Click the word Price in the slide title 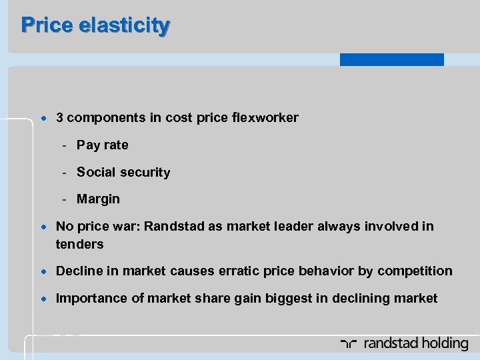pyautogui.click(x=45, y=25)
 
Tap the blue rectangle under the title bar pyautogui.click(x=391, y=59)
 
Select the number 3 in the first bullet pyautogui.click(x=60, y=117)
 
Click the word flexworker pyautogui.click(x=266, y=117)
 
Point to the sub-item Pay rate pyautogui.click(x=102, y=145)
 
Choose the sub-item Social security pyautogui.click(x=123, y=172)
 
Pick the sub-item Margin pyautogui.click(x=98, y=199)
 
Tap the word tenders pyautogui.click(x=79, y=244)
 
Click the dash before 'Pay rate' pyautogui.click(x=64, y=145)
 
